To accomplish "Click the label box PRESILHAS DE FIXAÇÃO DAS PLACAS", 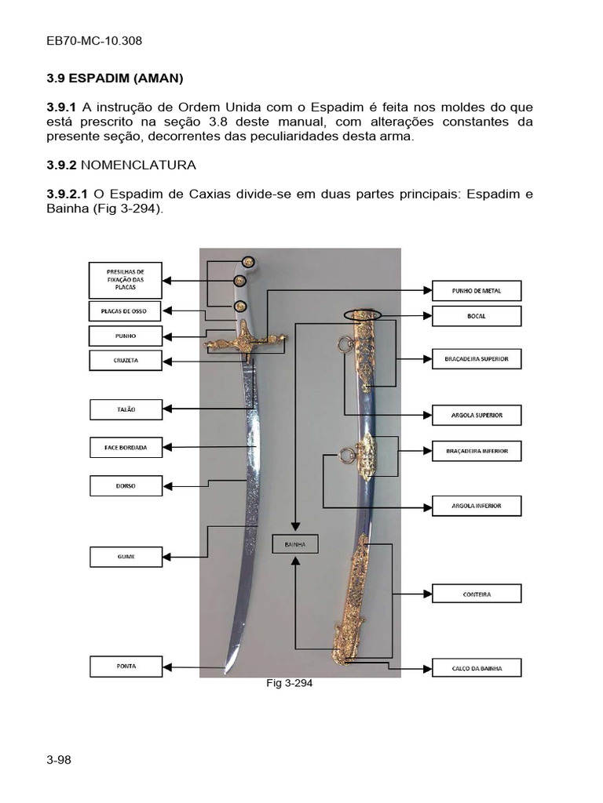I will coord(125,280).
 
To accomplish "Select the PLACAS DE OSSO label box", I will coord(125,311).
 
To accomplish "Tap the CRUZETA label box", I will coord(125,361).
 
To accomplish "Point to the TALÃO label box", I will coord(125,409).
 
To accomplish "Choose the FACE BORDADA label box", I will coord(125,448).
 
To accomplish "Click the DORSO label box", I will coord(125,485).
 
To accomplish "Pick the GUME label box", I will coord(125,557).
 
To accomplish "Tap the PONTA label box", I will coord(125,666).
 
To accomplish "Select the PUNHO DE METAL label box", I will coord(477,291).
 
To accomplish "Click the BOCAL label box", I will coord(477,316).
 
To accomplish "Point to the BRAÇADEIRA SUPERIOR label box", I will coord(477,359).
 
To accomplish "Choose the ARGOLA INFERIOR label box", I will coord(477,506).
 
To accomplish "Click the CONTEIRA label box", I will coord(477,594).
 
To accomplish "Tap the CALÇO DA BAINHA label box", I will coord(477,668).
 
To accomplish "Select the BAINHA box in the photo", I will coord(295,543).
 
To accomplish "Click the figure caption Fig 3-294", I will coord(290,683).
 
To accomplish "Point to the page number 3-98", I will coord(59,759).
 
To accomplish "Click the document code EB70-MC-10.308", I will coord(94,41).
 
